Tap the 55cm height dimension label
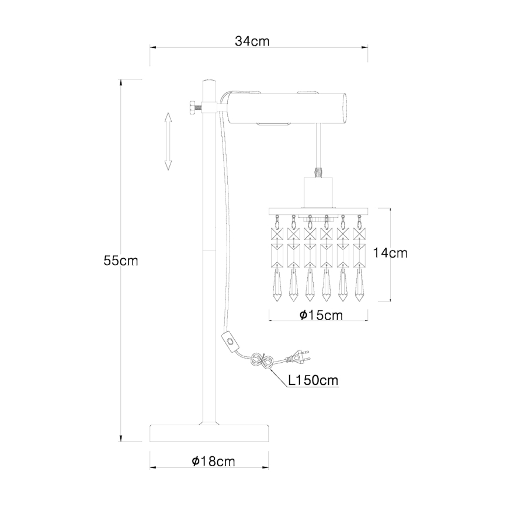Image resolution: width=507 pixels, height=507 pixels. tap(120, 261)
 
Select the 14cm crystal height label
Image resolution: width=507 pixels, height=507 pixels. tap(390, 253)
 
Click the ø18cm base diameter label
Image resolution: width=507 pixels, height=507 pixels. tap(213, 461)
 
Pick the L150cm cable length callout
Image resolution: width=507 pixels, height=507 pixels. tap(313, 380)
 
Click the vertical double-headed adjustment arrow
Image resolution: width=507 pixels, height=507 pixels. tap(168, 141)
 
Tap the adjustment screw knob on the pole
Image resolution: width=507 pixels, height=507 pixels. tap(190, 109)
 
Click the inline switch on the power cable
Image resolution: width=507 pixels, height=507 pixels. tap(229, 341)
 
